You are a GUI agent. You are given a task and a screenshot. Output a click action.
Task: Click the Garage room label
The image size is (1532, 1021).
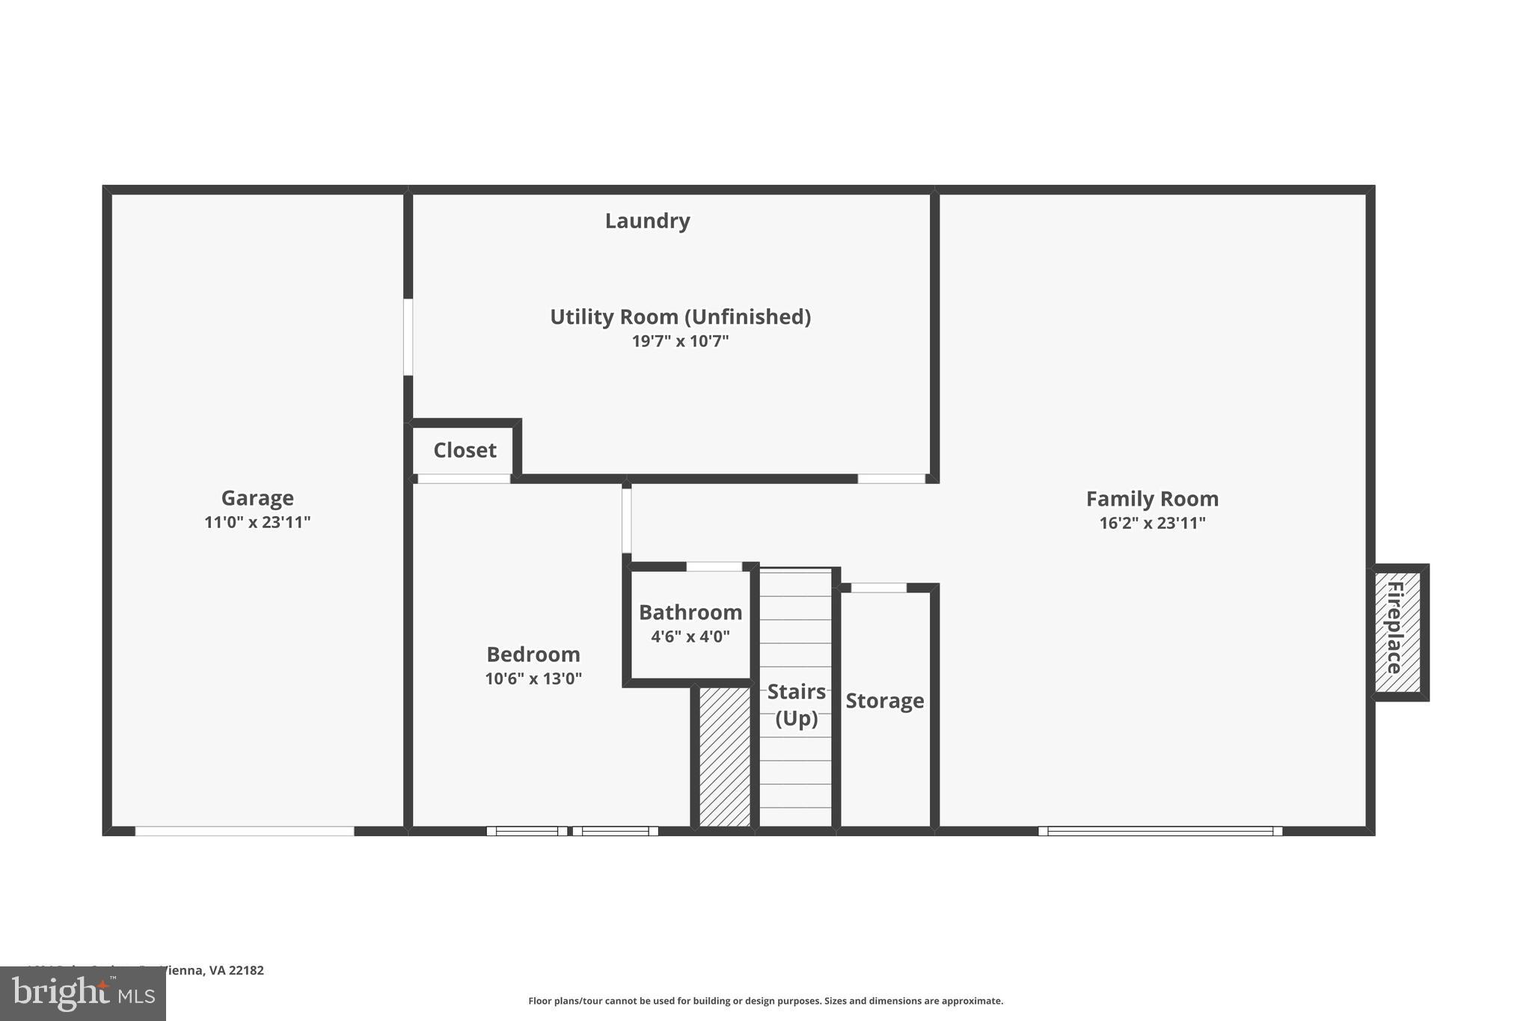[x=257, y=498]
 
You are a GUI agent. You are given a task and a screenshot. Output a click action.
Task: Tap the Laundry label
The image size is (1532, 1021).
[x=647, y=221]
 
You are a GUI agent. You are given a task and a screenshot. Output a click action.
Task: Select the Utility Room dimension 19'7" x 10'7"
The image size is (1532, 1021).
[x=680, y=341]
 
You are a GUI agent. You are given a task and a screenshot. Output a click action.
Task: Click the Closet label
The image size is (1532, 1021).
[x=465, y=450]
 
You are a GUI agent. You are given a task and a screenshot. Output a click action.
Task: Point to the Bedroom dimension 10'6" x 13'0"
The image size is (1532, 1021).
[x=533, y=678]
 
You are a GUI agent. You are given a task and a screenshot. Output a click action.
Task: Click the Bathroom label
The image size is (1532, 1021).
[x=690, y=613]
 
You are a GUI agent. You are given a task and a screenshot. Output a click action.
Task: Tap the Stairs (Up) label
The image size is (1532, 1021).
[x=796, y=705]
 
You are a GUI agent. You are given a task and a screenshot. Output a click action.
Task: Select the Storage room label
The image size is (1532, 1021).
[x=885, y=701]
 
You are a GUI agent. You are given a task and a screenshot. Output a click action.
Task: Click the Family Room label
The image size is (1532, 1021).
[x=1152, y=499]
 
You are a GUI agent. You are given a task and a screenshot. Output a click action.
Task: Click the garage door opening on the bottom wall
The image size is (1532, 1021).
[x=245, y=831]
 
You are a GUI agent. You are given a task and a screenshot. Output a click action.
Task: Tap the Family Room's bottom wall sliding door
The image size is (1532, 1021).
[x=1160, y=831]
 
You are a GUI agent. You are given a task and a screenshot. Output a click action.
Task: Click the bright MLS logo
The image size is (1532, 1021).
[x=83, y=994]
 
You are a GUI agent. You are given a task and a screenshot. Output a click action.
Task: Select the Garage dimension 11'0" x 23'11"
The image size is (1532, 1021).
[x=257, y=522]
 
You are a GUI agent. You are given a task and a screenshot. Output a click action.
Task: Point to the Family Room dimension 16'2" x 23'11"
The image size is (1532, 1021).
[x=1152, y=523]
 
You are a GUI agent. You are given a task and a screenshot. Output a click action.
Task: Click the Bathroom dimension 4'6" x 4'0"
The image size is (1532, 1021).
[x=690, y=637]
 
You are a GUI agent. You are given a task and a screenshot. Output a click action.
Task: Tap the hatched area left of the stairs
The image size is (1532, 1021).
[x=724, y=756]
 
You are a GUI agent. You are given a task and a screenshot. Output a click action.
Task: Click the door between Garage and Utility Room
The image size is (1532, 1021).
[x=408, y=337]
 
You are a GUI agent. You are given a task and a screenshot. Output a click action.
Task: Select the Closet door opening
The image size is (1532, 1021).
[x=464, y=479]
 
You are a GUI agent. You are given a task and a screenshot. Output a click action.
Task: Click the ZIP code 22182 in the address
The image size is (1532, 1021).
[x=246, y=970]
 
